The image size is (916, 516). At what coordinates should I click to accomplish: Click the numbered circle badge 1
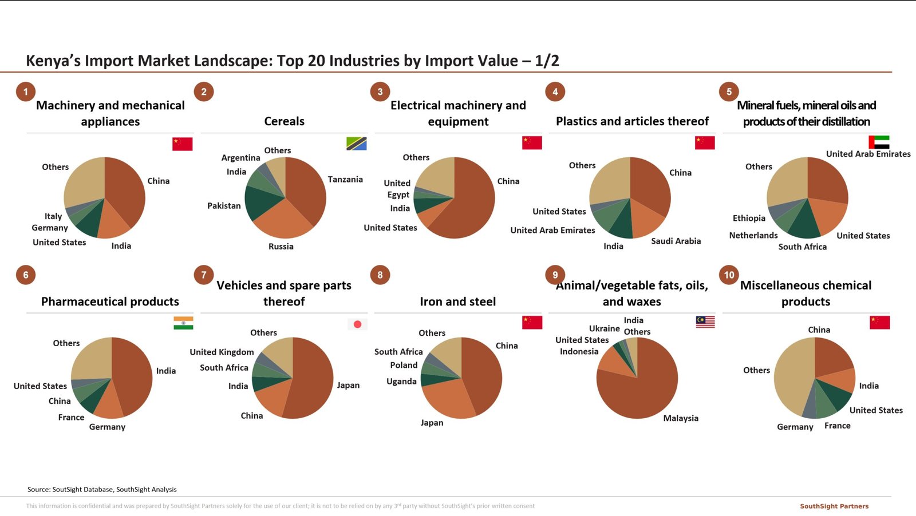(x=25, y=92)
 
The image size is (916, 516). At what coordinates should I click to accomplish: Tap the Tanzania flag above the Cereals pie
(x=356, y=144)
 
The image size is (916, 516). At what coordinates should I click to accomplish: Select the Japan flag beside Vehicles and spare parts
(x=357, y=324)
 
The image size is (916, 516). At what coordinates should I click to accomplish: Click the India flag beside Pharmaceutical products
(x=183, y=323)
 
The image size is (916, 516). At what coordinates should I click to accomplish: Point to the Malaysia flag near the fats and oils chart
(x=705, y=322)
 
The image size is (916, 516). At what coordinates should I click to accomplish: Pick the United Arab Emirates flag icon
(x=879, y=142)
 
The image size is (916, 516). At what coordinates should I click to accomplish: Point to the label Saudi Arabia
(x=676, y=241)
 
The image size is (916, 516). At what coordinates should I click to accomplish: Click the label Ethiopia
(x=749, y=218)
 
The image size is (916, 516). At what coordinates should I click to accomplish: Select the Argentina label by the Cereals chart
(x=240, y=157)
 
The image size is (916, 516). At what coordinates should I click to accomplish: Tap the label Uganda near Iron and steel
(x=401, y=381)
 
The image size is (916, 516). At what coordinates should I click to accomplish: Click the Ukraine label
(x=604, y=328)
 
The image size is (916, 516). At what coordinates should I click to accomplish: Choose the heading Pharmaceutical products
(x=110, y=301)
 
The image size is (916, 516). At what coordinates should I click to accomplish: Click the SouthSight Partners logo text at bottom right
(x=834, y=506)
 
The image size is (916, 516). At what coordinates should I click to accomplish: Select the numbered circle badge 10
(x=729, y=275)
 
